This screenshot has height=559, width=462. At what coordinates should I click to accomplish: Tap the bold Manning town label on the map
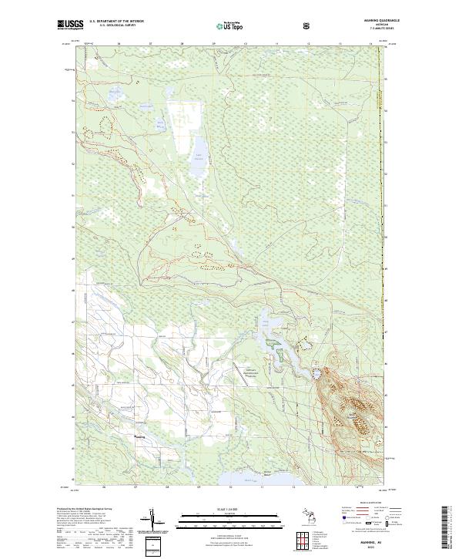[139, 436]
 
